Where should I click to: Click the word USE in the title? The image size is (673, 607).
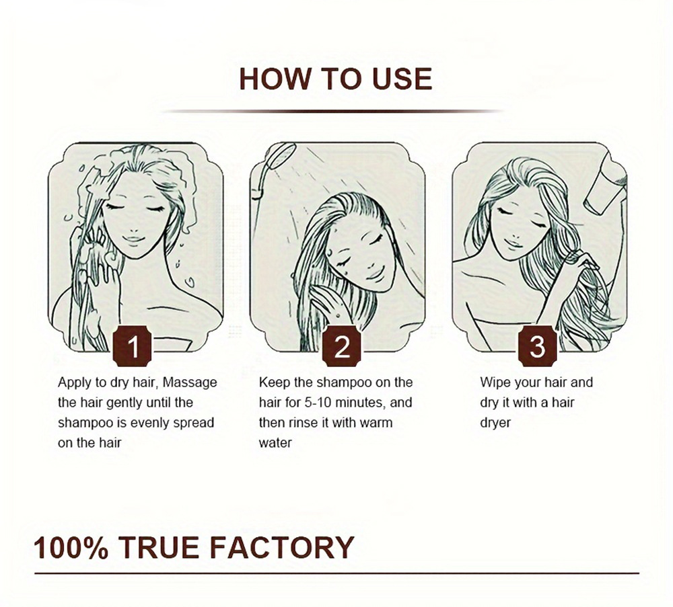[x=402, y=79]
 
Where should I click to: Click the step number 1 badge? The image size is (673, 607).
[x=133, y=346]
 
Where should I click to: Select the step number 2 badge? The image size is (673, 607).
[x=342, y=346]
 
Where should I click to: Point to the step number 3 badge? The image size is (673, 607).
[x=537, y=346]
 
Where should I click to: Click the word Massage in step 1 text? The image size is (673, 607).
[x=190, y=382]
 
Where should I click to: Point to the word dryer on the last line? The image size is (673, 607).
[x=496, y=423]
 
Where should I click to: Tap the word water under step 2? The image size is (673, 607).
[x=275, y=443]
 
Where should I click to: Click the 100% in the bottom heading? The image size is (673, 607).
[x=71, y=547]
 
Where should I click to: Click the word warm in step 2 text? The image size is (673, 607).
[x=376, y=423]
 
